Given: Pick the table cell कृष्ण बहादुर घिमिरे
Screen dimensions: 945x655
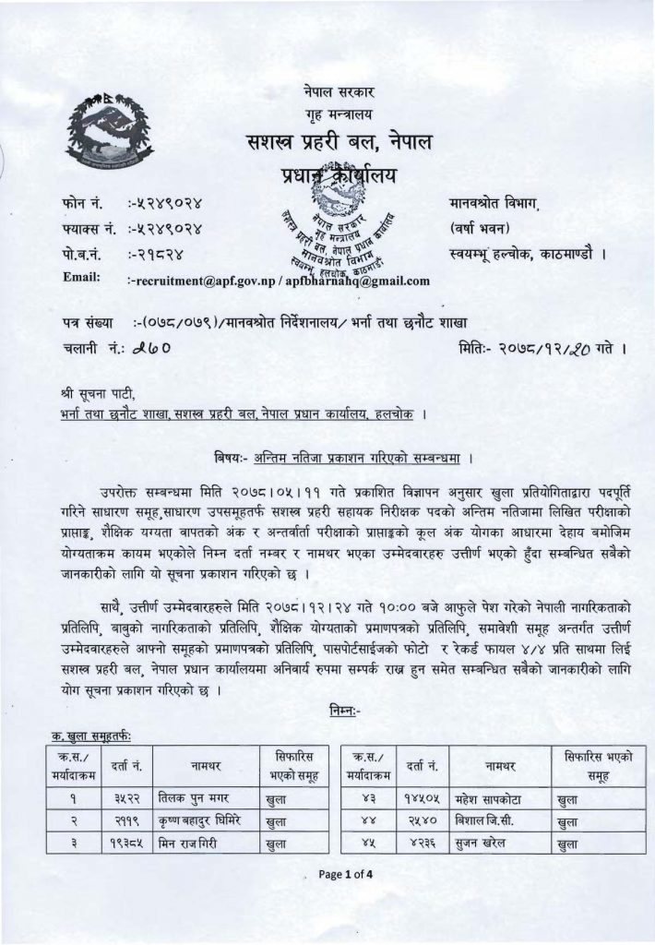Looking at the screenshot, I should click(200, 819).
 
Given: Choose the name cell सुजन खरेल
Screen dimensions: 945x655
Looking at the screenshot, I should click(483, 842).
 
